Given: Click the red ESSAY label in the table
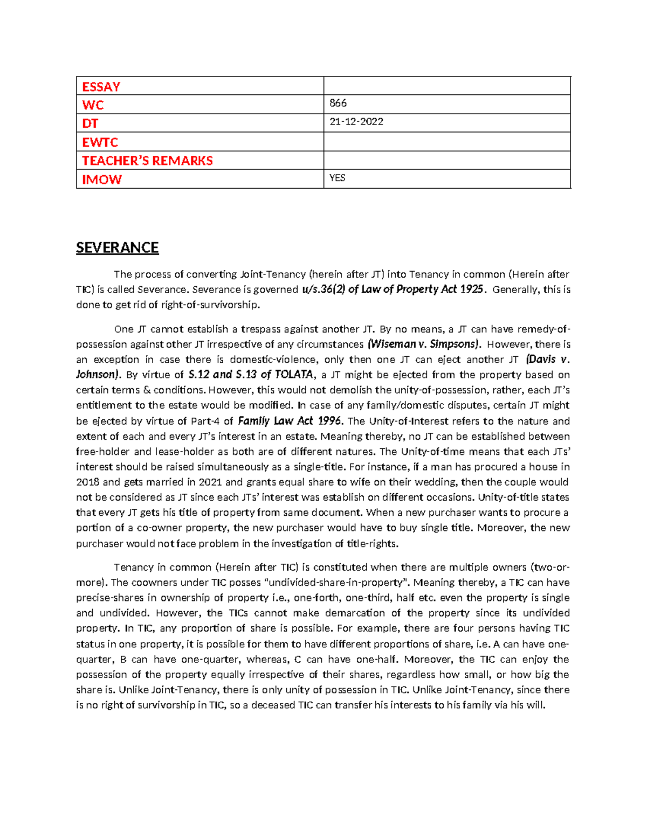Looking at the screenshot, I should (101, 87).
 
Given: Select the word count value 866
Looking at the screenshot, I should (338, 103).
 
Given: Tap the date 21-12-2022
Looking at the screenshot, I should (356, 122).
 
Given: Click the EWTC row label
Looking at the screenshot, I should (100, 142).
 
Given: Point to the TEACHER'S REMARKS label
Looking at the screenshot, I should (147, 161).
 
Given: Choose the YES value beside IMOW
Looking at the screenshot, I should (337, 178).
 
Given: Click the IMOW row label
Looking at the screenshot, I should (101, 179).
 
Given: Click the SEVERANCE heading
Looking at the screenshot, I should (117, 248).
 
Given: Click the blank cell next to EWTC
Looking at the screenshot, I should (446, 142).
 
